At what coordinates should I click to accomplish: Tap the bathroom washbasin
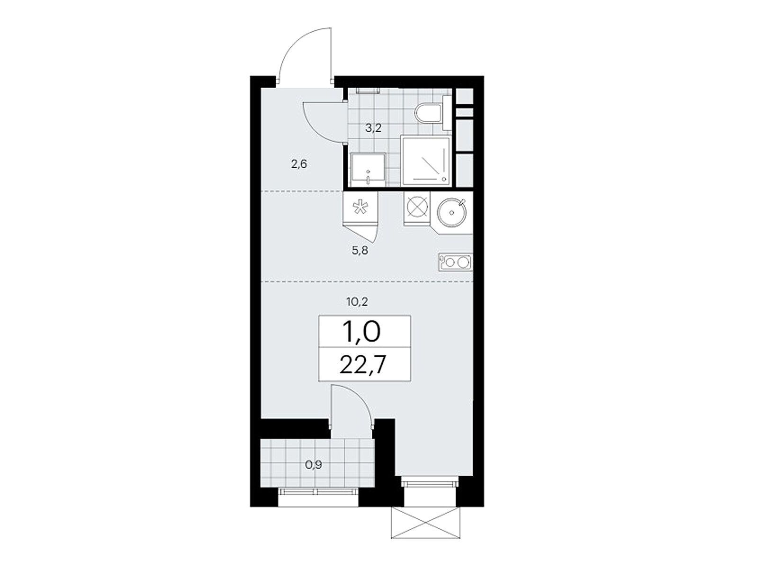[x=368, y=170]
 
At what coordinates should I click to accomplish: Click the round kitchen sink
[x=451, y=213]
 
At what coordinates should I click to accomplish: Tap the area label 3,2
[x=374, y=128]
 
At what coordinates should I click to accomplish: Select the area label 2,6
[x=299, y=164]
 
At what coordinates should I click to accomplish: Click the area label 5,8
[x=360, y=250]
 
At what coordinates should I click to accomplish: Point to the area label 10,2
[x=357, y=302]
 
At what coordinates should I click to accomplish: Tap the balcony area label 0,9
[x=314, y=465]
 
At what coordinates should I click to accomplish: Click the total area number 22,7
[x=362, y=365]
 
